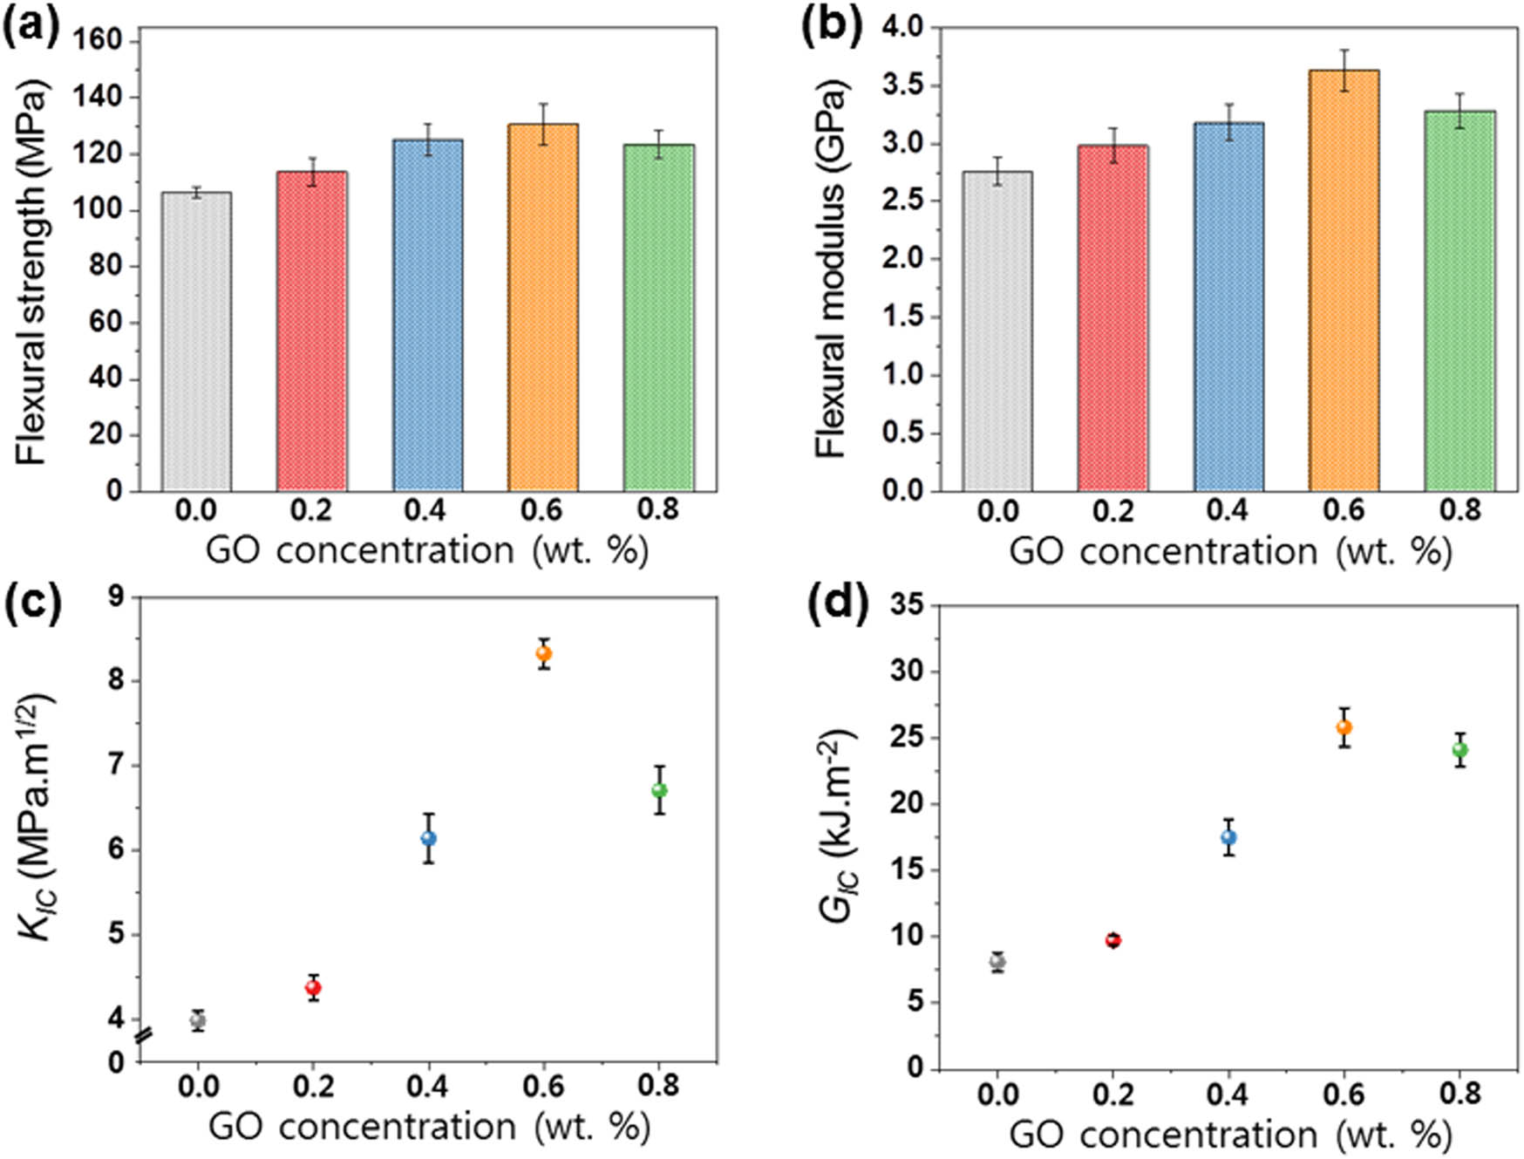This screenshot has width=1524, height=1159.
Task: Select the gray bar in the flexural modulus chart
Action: [997, 331]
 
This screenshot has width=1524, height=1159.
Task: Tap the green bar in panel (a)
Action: [659, 317]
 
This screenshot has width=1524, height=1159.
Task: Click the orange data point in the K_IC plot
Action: [544, 653]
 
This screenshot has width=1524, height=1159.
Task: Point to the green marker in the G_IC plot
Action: [1459, 749]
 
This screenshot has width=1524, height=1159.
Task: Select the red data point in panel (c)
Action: [313, 987]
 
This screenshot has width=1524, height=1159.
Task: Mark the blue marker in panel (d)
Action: [1228, 837]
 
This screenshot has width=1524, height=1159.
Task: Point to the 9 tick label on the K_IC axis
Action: [115, 597]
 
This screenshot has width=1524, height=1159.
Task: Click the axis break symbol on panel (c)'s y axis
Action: [144, 1037]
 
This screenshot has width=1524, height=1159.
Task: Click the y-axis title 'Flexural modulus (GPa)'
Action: [831, 269]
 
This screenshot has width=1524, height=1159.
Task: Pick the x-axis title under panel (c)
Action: [429, 1127]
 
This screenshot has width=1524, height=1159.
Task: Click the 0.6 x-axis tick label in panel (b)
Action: [1344, 510]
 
